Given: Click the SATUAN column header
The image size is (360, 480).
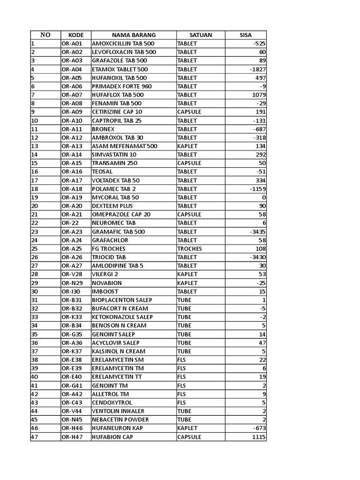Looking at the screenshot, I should pos(201,35).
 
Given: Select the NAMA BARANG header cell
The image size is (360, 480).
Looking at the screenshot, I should pos(134,35).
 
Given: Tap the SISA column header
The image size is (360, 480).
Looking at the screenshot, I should pos(246,35).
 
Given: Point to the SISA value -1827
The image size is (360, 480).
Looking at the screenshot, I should pos(258,69).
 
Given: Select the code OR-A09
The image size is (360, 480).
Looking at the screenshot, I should pos(72,112).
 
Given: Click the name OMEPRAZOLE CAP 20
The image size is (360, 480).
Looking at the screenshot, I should pos(121,214).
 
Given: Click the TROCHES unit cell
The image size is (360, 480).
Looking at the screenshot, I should pos(189,248).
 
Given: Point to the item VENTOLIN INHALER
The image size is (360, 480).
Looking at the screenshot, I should pos(118,411).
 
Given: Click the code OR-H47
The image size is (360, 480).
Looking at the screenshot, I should pos(72,437).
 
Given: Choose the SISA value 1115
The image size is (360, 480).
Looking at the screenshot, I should pos(259,437).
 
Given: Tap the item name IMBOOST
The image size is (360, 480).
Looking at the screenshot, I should pos(105,292).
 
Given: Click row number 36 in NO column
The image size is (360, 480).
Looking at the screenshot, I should pos(35,343).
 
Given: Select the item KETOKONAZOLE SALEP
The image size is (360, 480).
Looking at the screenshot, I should pos(122,317).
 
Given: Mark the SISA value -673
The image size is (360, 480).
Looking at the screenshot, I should pos(259,428).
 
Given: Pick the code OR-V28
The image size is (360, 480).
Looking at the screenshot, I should pos(72,274).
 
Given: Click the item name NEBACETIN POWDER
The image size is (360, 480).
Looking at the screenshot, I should pos(120,420).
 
